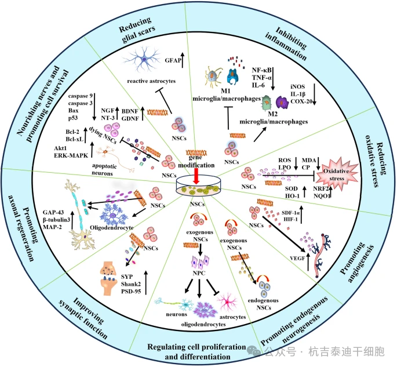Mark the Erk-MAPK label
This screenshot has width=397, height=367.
(68, 157)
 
